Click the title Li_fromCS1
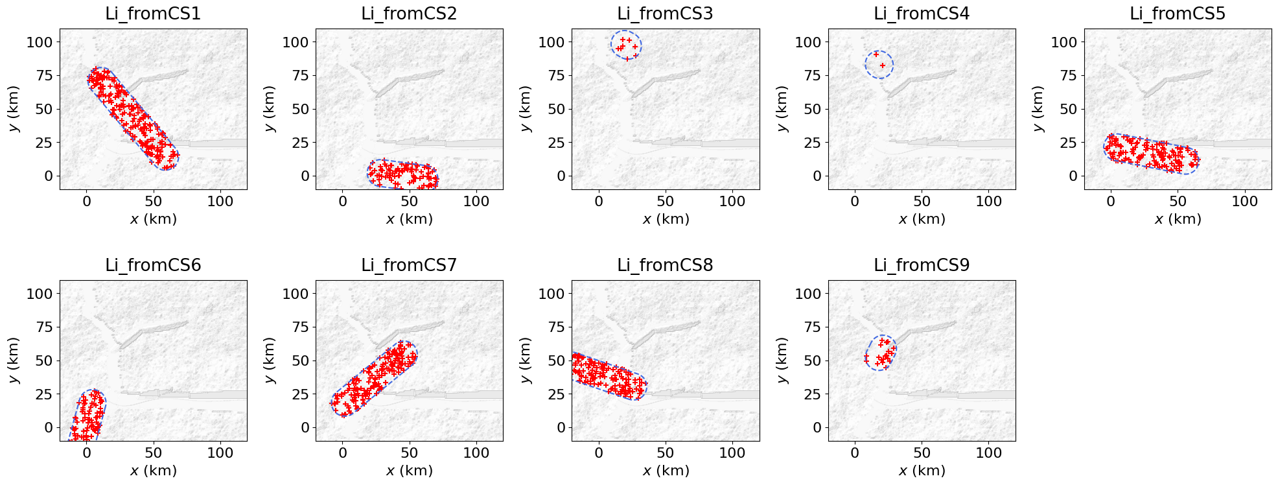coord(153,14)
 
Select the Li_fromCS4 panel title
coord(922,14)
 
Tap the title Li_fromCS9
coord(922,265)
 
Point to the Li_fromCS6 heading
coord(153,265)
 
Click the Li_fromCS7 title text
coord(409,265)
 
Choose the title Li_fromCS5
coord(1178,14)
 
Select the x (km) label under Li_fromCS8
coord(666,470)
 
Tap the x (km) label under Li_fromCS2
coord(409,219)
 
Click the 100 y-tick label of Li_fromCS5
coord(1063,42)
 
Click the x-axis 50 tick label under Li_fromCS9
coord(922,453)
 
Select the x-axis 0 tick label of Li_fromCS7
coord(343,453)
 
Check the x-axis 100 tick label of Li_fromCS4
coord(988,201)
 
